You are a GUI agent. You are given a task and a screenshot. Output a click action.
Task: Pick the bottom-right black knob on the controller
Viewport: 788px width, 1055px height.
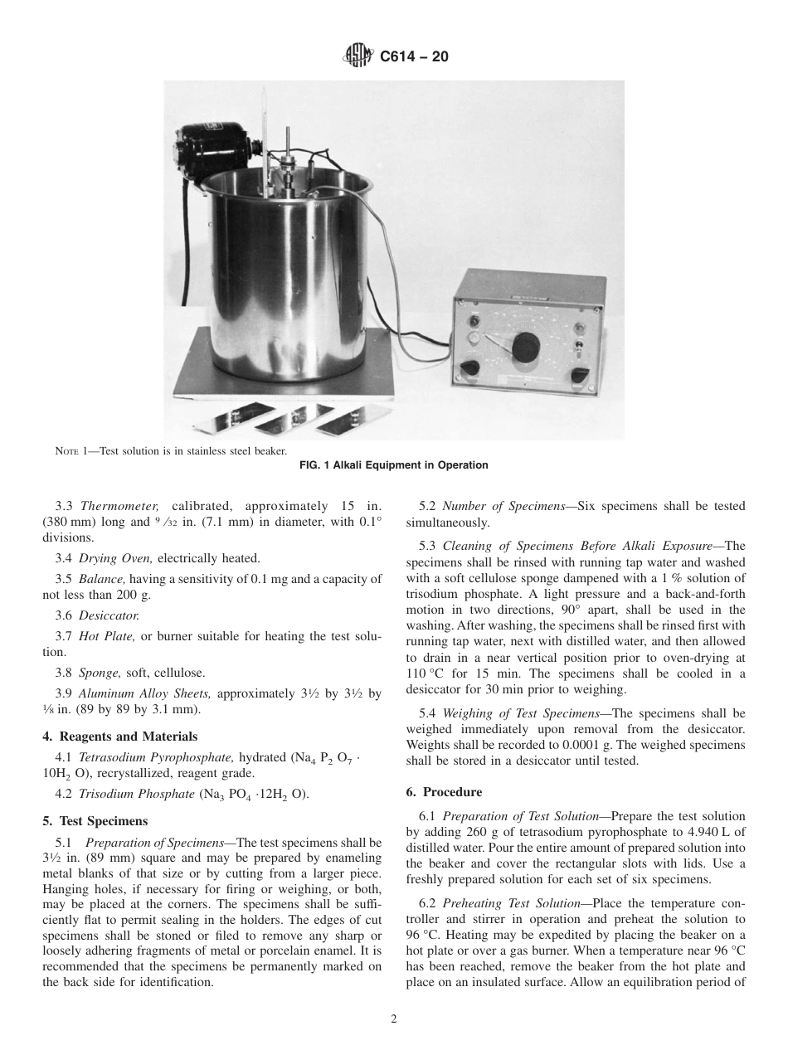580,374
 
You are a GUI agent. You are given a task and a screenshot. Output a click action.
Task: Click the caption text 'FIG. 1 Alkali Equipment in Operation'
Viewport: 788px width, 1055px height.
393,465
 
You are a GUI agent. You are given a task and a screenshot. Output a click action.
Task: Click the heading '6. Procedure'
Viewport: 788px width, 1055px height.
444,792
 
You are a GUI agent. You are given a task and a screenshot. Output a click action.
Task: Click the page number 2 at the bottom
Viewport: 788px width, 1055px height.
394,1019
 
